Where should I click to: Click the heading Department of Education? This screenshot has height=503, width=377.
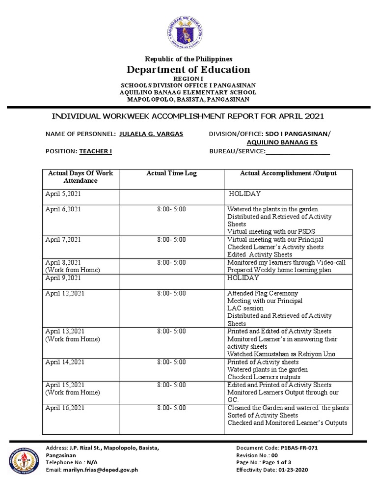coord(189,69)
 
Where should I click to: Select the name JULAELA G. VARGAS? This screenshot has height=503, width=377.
coord(151,134)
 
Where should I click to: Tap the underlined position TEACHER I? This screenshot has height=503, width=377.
coord(96,151)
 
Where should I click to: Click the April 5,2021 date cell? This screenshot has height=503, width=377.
coord(63,194)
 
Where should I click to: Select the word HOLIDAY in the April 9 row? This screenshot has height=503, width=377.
coord(242,278)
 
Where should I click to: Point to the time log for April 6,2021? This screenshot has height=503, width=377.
coord(171,209)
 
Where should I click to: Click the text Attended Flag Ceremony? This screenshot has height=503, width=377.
coord(263,293)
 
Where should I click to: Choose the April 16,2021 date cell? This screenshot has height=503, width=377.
coord(65,408)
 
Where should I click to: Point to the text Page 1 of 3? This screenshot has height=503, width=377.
coord(287,463)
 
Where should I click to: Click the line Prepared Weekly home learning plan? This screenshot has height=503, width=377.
coord(279,270)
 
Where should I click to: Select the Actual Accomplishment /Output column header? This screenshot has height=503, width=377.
coord(288,173)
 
